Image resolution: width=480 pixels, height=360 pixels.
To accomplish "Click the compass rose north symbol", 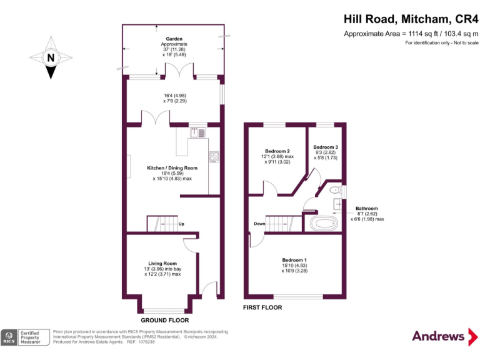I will (50, 58).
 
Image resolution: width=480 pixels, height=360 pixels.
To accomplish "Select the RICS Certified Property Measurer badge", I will (25, 337).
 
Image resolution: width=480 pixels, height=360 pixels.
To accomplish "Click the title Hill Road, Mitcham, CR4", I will (411, 19).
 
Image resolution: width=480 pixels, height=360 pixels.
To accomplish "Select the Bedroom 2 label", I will (277, 151).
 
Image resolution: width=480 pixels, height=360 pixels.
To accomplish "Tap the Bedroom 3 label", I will (326, 146).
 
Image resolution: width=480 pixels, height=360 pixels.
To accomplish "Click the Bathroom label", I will (367, 209).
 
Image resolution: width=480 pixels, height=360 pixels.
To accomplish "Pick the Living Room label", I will (162, 263).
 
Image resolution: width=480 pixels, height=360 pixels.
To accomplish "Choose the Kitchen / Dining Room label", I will (172, 167).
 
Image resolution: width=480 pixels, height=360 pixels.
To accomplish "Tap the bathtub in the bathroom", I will (322, 223).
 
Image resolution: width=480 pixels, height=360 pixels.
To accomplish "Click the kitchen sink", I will (196, 132).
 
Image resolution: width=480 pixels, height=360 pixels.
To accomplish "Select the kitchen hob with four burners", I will (214, 157).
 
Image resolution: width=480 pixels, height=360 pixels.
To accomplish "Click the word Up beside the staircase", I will (181, 224).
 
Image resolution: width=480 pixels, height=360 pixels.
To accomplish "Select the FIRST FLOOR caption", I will (262, 307).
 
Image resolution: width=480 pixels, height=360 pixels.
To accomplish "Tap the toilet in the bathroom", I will (335, 189).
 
